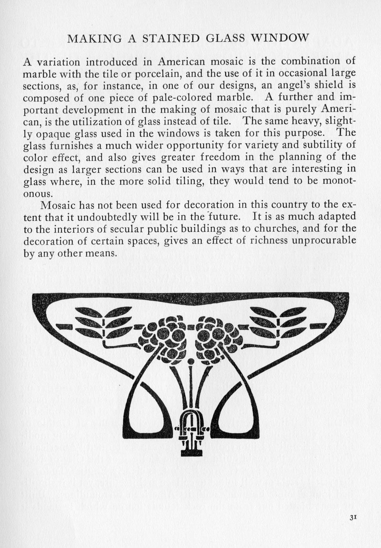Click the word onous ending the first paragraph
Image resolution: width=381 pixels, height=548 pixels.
38,193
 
